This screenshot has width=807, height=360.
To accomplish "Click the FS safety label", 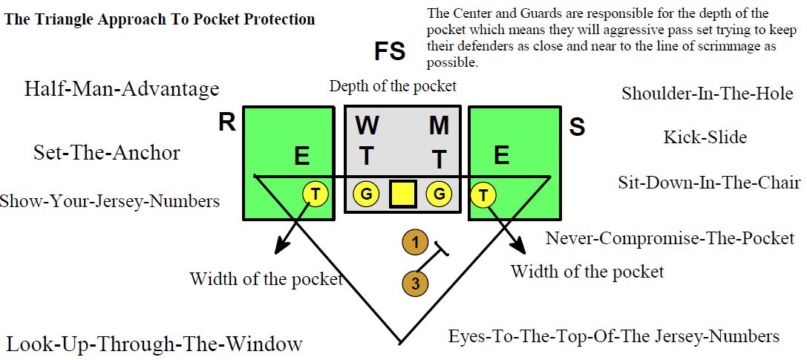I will pos(390,52).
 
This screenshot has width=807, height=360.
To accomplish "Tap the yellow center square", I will pos(402,194).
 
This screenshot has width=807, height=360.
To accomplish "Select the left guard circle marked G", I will pos(366,194).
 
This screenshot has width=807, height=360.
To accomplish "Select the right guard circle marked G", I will pos(440,194).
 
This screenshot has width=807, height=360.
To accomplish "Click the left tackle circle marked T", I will pos(316,194).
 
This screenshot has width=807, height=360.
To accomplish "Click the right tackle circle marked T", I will pos(484,195).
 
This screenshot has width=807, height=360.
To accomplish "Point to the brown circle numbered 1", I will pos(415,242).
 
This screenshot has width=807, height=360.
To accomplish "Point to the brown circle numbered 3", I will pos(415,283).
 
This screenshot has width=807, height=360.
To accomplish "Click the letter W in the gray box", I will pos(367,126).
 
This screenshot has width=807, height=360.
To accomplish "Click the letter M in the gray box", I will pos(439,126).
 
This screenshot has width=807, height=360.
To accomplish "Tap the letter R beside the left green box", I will pos(227,123).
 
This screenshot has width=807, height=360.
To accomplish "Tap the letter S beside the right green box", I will pos(577,127).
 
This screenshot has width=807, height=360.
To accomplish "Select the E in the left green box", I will pos(301,157).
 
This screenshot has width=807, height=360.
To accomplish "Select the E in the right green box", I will pos(502,154).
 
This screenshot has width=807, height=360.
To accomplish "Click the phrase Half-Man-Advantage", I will pos(122,89).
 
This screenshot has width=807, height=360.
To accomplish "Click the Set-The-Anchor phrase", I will pos(107,153).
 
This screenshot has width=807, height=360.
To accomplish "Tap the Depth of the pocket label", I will pos(393,86).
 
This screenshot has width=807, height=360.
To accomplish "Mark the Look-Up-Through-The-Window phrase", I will pos(154,344).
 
